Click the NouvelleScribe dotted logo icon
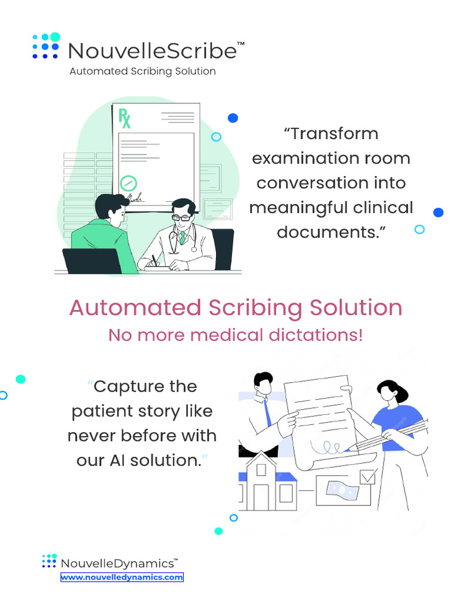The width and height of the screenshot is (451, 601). [x=46, y=46]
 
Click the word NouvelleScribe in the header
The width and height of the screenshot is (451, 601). [x=153, y=50]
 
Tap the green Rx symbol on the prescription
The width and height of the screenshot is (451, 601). [x=124, y=118]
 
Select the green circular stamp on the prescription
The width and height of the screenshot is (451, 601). [x=129, y=183]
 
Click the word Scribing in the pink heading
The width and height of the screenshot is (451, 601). [x=255, y=308]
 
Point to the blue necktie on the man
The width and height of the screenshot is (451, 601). [x=267, y=413]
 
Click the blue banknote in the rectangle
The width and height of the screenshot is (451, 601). [x=342, y=489]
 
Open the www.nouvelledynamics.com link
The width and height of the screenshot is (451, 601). [x=122, y=578]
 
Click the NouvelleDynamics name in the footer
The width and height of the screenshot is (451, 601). [x=117, y=563]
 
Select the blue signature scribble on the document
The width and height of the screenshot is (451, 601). [x=326, y=447]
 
